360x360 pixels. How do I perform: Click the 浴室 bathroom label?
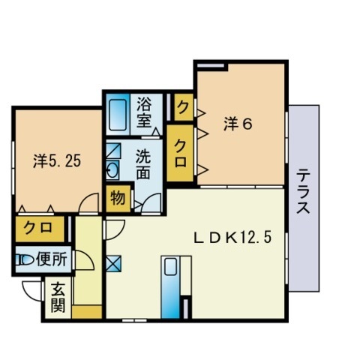click(x=144, y=110)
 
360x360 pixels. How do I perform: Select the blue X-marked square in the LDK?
click(x=112, y=263)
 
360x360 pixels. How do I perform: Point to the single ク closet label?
click(x=181, y=108)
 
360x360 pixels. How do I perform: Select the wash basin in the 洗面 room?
click(x=112, y=169)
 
